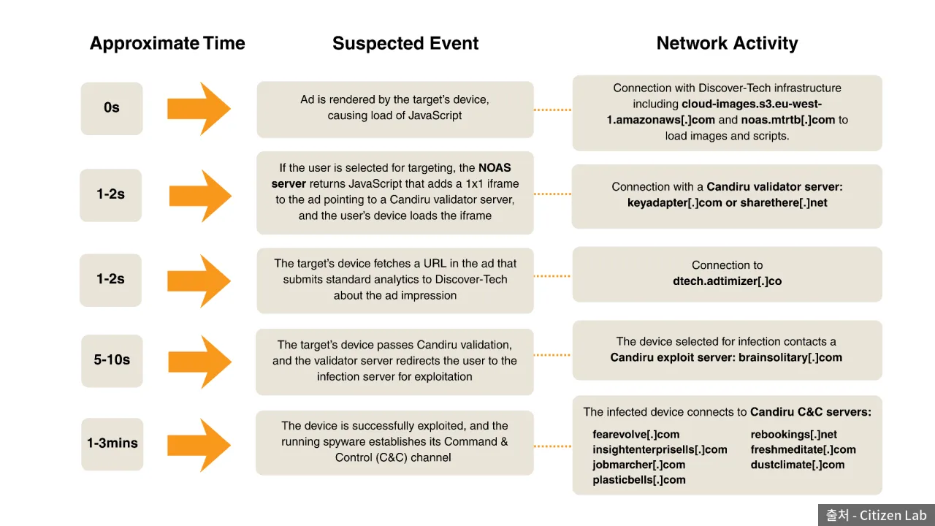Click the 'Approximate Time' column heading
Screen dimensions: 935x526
[167, 43]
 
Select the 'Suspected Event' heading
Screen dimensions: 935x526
[405, 43]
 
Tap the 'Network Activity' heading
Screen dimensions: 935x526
[727, 43]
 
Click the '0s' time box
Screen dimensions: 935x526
[112, 109]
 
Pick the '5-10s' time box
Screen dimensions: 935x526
[112, 361]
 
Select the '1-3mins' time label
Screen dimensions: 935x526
[112, 443]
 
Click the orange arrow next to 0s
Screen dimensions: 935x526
[199, 109]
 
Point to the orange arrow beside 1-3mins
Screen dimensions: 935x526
[199, 445]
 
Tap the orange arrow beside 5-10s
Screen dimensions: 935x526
[199, 362]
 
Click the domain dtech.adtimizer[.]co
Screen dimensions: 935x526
[727, 281]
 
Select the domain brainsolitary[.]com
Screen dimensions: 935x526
[790, 358]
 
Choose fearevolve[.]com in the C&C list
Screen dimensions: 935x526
[636, 435]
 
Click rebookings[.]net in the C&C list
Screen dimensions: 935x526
[793, 435]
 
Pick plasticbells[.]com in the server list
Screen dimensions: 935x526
[639, 480]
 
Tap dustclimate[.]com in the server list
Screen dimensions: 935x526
[798, 465]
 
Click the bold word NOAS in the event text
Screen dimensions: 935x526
[495, 168]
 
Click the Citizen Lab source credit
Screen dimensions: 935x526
[876, 516]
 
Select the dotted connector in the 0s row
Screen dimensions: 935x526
[553, 110]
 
